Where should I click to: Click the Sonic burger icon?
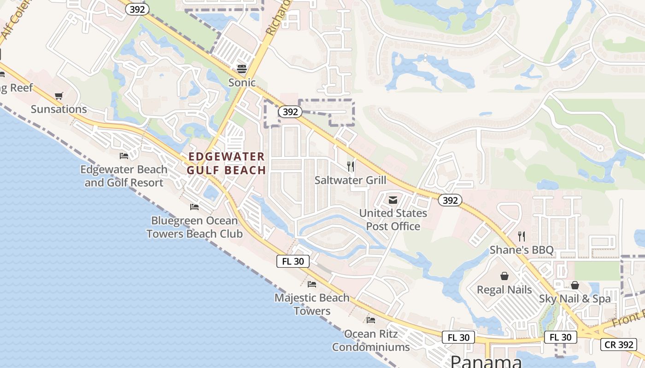[242, 69]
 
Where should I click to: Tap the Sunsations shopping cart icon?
[59, 96]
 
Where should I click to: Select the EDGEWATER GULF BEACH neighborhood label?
[227, 163]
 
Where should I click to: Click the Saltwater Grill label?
[350, 180]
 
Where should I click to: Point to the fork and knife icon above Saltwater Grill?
[351, 167]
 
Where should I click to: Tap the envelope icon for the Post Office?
[393, 200]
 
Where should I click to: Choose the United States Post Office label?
[393, 220]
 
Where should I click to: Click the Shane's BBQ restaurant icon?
[522, 236]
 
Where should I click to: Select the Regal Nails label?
[504, 290]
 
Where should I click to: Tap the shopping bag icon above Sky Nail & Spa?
[575, 285]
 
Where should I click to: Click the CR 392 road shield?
[618, 344]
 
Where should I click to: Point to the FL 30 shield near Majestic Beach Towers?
[293, 261]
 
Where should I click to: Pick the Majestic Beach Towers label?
[312, 304]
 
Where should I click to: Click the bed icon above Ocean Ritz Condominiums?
[371, 320]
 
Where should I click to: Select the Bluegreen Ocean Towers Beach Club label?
[194, 227]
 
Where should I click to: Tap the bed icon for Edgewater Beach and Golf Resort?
[123, 156]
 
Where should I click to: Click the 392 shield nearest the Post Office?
[450, 200]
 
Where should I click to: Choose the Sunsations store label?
[59, 109]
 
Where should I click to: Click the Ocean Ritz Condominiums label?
[371, 340]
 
